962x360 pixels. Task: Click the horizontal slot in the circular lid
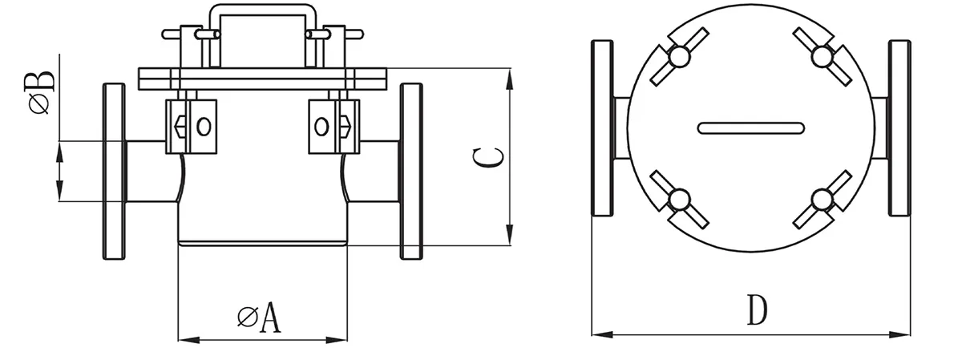[x=750, y=127]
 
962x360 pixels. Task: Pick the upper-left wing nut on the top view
[x=679, y=56]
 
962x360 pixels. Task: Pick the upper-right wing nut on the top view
[x=822, y=56]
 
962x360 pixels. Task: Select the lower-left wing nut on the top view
[x=679, y=199]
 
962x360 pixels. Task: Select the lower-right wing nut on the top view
[x=822, y=199]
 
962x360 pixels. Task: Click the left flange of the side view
[x=115, y=171]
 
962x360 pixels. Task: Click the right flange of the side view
[x=411, y=171]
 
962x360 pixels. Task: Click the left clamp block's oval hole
[x=204, y=126]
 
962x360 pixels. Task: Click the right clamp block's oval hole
[x=321, y=126]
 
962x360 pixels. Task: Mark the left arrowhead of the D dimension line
[x=597, y=333]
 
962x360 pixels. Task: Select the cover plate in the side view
[x=262, y=78]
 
